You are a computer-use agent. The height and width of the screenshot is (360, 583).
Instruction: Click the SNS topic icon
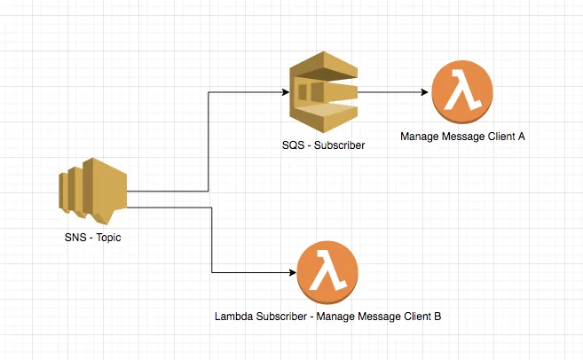tap(93, 192)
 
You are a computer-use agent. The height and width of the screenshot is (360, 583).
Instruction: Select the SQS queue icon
tap(322, 91)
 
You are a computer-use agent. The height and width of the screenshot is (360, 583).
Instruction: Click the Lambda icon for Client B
tap(328, 270)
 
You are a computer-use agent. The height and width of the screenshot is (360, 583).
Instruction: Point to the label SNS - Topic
tap(93, 239)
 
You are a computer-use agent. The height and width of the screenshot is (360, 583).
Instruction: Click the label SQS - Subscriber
tap(317, 144)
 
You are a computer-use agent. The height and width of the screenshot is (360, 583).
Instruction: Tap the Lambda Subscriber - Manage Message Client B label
tap(328, 317)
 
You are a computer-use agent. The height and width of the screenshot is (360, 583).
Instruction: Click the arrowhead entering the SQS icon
tap(286, 91)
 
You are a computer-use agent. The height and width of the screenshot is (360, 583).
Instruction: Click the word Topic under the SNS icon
tap(107, 239)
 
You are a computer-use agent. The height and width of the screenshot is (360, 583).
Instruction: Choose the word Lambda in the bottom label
tap(233, 317)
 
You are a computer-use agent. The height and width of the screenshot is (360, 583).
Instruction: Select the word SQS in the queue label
tap(282, 144)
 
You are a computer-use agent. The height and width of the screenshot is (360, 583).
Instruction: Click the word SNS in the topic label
tap(75, 239)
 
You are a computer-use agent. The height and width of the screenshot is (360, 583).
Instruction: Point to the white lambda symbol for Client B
tap(328, 270)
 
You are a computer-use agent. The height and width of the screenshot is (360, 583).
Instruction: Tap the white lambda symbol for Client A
tap(462, 92)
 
